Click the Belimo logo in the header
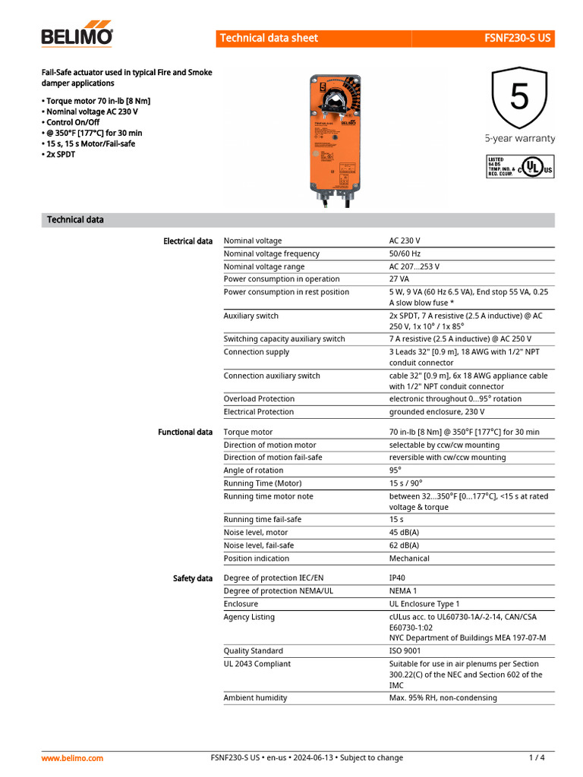pos(77,34)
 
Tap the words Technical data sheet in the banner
pos(269,38)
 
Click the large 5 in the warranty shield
pos(519,97)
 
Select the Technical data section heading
pos(75,220)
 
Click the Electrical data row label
pos(188,241)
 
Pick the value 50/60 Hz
pos(405,253)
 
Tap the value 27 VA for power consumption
pos(399,279)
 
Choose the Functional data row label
pos(185,433)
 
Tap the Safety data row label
pos(193,578)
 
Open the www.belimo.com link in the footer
pos(72,758)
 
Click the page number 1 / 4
pos(537,758)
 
